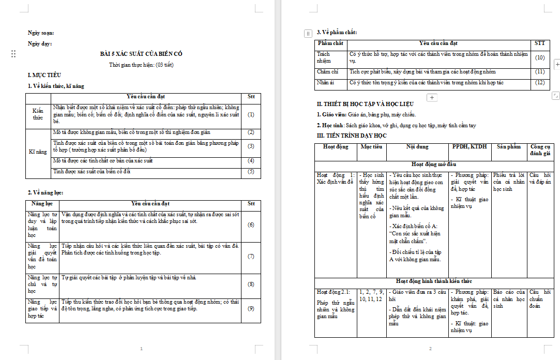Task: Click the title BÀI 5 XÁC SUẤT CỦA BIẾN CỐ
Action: (x=141, y=54)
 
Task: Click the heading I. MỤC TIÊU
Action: (x=41, y=76)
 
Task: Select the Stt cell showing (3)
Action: (x=251, y=146)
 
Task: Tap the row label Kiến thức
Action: (x=38, y=114)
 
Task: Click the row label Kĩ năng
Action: (x=38, y=152)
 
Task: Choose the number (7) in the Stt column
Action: (x=251, y=256)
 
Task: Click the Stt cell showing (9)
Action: (x=251, y=309)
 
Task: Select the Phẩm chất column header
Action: (x=330, y=43)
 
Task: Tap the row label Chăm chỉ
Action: (x=328, y=72)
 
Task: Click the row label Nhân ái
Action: (x=326, y=83)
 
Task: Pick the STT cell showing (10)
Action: (x=540, y=58)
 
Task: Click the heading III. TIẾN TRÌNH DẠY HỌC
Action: (x=352, y=136)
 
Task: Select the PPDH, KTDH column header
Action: (x=469, y=147)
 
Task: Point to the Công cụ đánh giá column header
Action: (x=540, y=150)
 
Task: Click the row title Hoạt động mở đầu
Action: (x=434, y=164)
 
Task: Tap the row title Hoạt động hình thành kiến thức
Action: (x=434, y=281)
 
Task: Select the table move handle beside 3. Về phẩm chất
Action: (x=308, y=33)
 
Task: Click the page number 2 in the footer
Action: (x=430, y=349)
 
